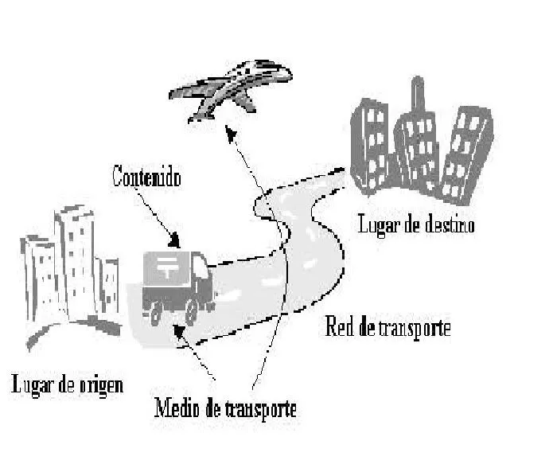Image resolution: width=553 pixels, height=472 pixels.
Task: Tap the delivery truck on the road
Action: coord(177,285)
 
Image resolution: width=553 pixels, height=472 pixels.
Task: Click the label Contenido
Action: coord(146,176)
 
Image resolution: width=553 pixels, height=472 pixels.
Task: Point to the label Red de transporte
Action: coord(387,327)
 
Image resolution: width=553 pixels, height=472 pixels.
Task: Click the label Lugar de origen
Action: coord(68,385)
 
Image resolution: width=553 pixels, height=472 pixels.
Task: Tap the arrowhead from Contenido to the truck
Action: coord(176,240)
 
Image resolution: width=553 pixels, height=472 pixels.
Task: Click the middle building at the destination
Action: coord(419,147)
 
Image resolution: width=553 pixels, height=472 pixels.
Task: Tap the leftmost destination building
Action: coord(370,143)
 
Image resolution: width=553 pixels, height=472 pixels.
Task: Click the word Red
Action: coord(337,327)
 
